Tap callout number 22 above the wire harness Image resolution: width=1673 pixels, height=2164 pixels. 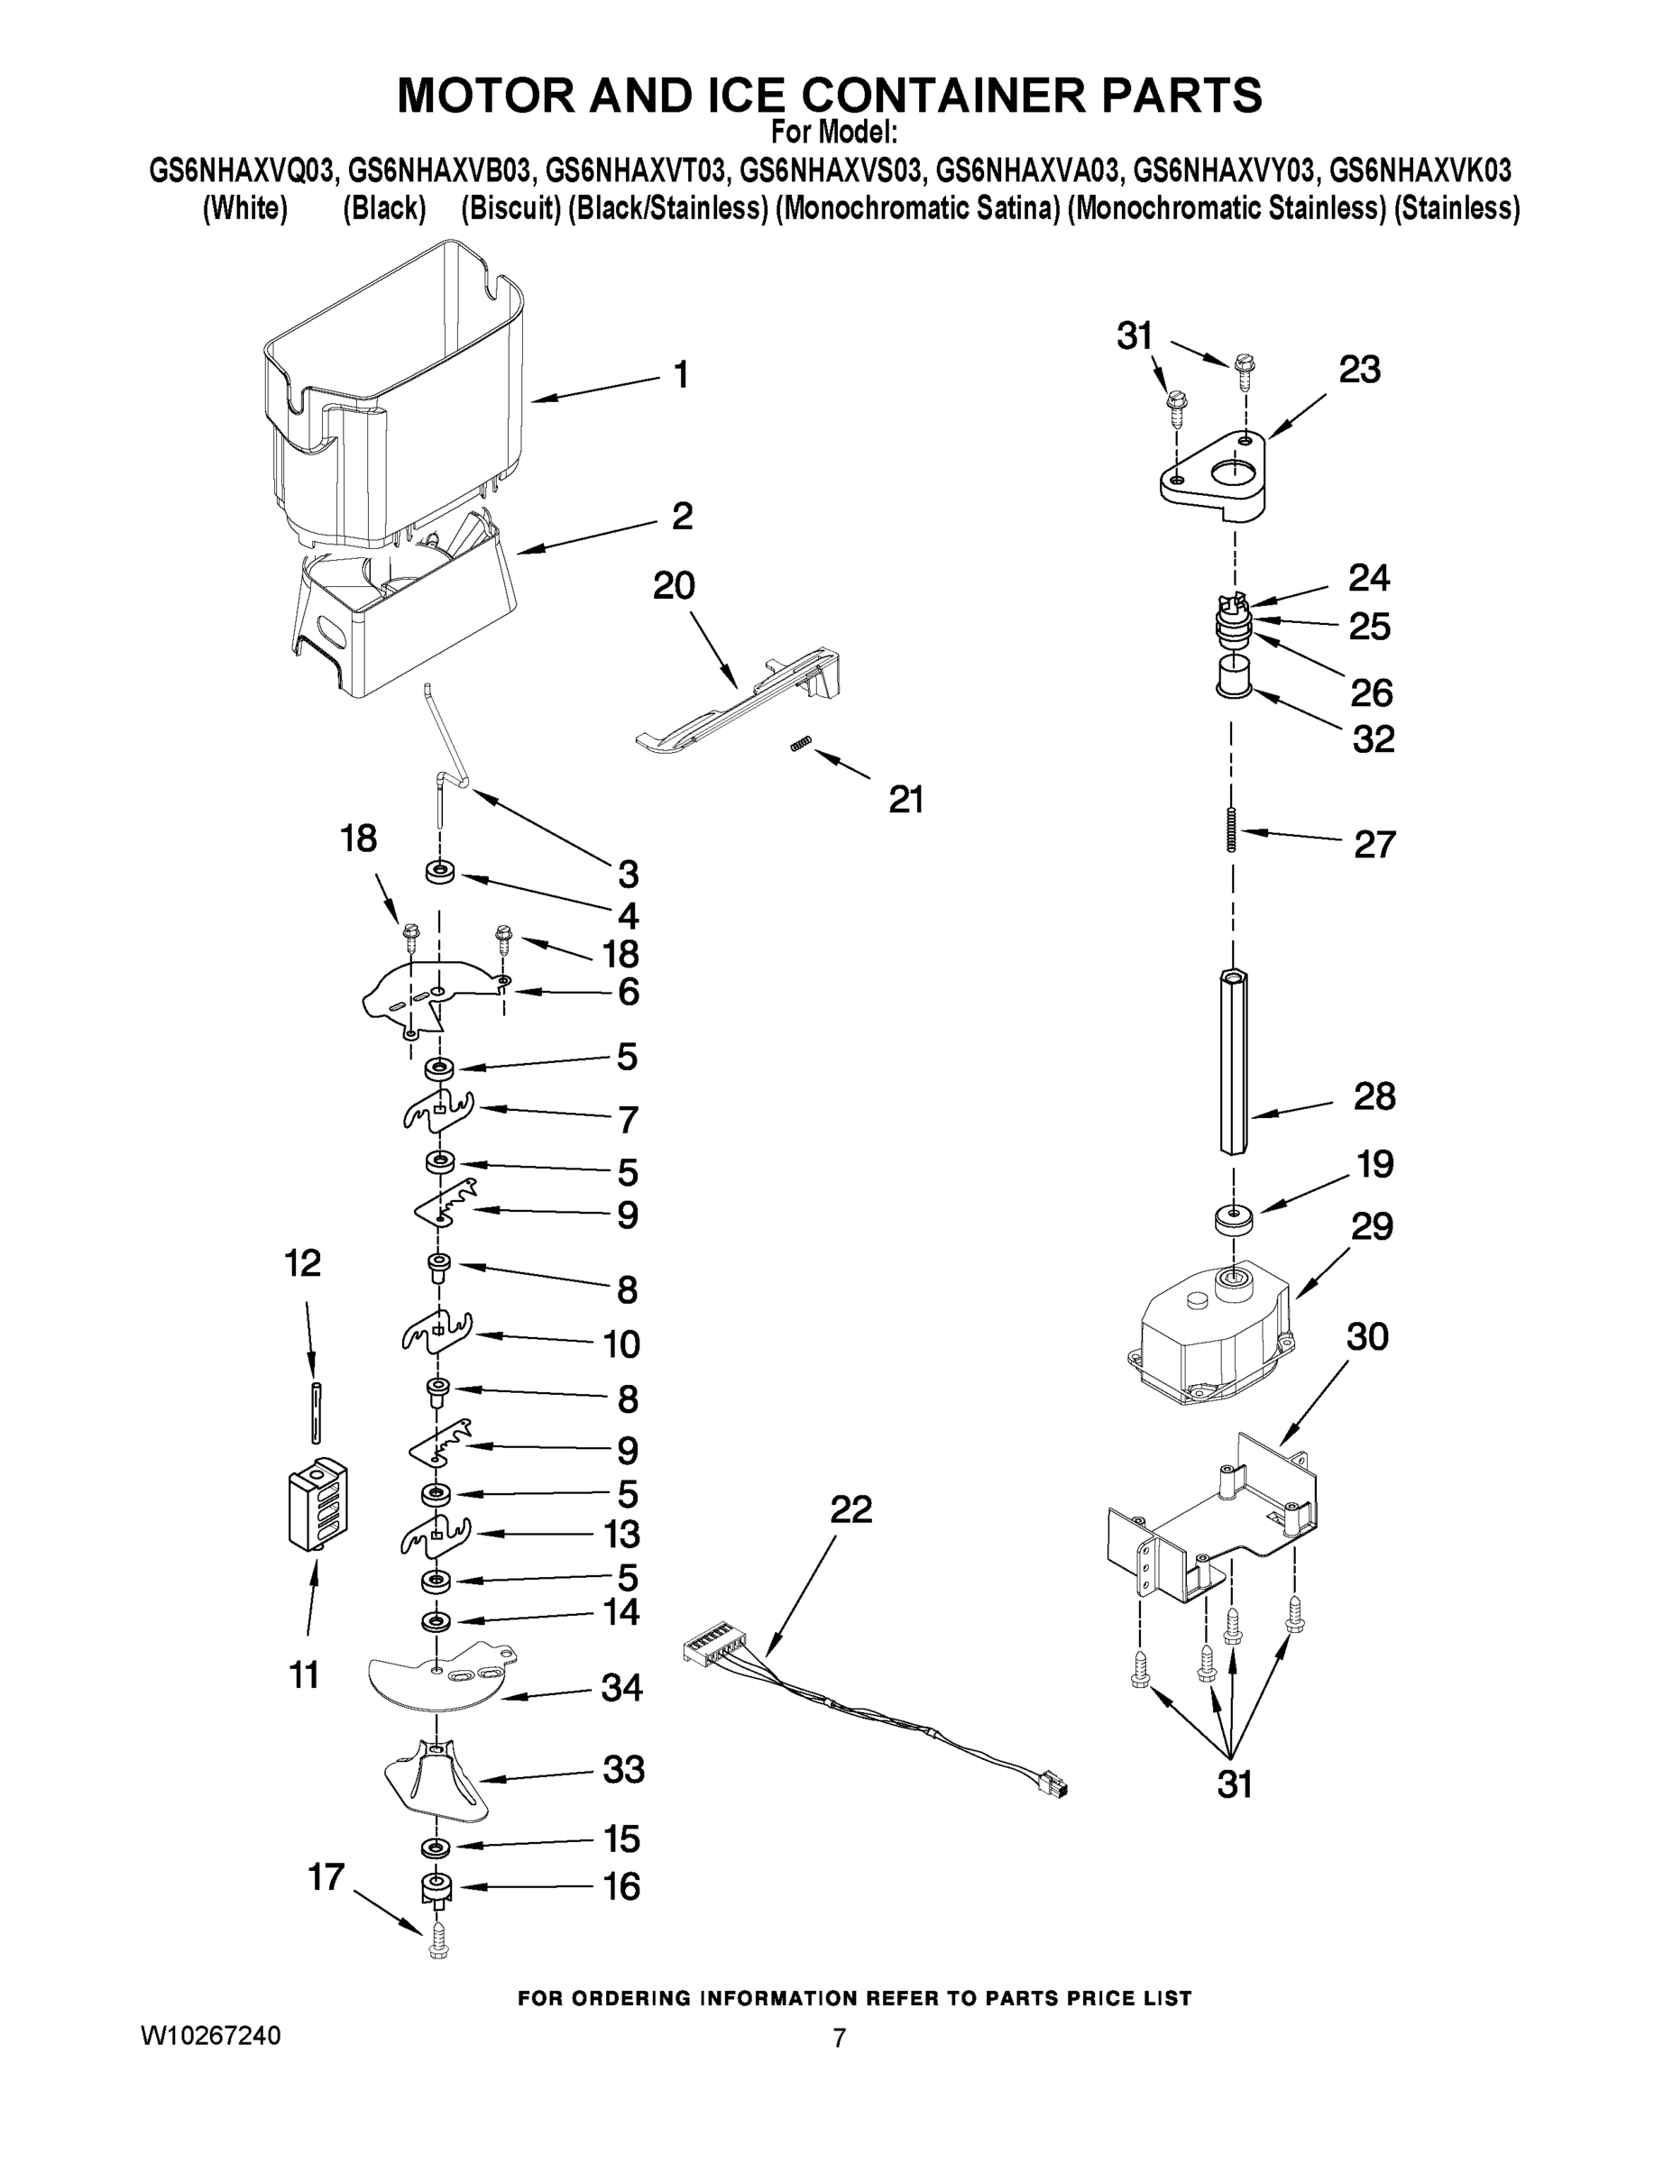(850, 1510)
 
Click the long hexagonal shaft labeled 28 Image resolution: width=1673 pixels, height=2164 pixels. (1233, 1060)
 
